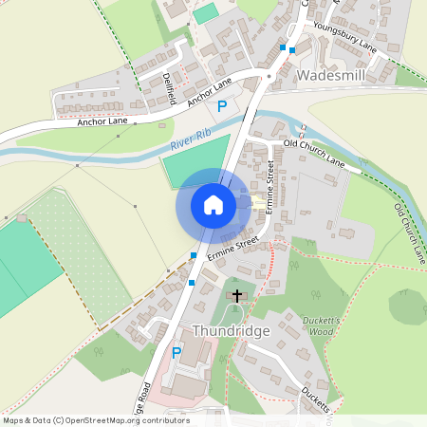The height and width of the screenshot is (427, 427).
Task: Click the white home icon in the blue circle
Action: [x=213, y=204]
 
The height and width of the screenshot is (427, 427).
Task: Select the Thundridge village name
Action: [x=232, y=331]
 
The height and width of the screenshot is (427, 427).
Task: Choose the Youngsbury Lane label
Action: [x=340, y=37]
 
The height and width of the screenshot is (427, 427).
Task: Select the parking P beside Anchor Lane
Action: [x=222, y=106]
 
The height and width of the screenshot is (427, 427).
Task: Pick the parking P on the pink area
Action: [x=176, y=353]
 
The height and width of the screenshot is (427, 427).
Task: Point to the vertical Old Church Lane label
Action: [x=409, y=232]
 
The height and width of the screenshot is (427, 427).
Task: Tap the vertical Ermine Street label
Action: [x=269, y=184]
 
